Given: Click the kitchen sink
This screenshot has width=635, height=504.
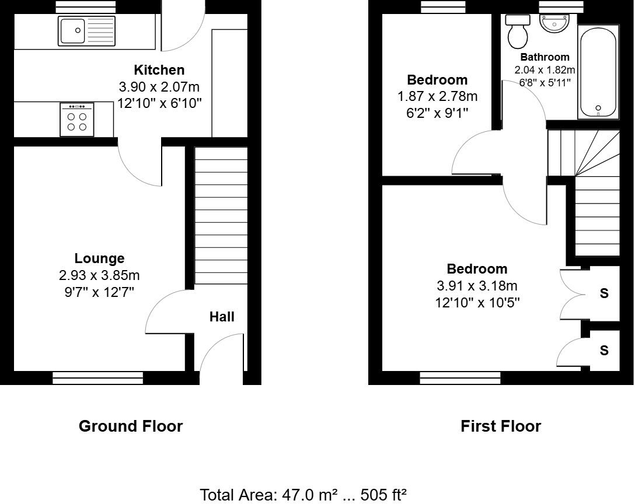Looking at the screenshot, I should (x=86, y=31).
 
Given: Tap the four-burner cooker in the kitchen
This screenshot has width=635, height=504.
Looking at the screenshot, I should (x=76, y=120).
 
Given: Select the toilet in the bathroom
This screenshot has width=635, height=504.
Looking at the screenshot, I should (x=518, y=32).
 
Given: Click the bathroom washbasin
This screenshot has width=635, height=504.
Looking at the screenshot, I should (x=554, y=24).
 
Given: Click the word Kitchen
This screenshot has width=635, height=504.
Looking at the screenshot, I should (x=159, y=70).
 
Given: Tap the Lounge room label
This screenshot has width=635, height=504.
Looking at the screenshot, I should (x=99, y=258).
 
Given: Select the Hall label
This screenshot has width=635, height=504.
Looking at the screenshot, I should (x=222, y=317).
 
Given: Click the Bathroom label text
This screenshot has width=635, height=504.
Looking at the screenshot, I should (x=545, y=57).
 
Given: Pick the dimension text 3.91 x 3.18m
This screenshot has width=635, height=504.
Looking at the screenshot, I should (x=477, y=286).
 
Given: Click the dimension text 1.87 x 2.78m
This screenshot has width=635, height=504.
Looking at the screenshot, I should (x=437, y=96).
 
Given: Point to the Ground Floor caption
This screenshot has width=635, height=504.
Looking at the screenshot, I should (x=130, y=426).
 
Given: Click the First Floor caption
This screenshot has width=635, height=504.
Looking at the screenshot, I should (x=500, y=426).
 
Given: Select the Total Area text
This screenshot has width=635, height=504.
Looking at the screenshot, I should (x=303, y=495).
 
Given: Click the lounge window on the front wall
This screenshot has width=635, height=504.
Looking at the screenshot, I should (x=97, y=378).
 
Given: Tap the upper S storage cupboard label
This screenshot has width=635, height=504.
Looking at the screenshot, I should (x=604, y=293).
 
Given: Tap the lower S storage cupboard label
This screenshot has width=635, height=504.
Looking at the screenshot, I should (x=604, y=350).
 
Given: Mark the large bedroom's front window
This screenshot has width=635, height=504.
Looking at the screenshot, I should (x=460, y=378).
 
